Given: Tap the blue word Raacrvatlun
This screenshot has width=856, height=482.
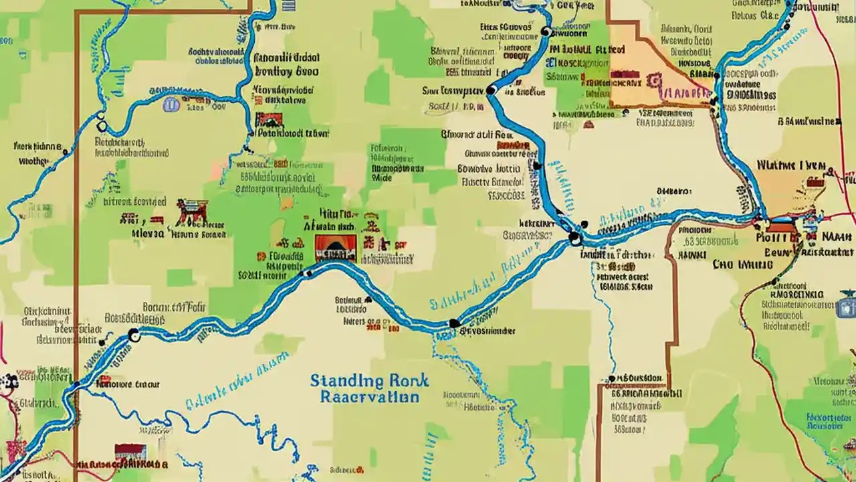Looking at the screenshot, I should (x=369, y=397).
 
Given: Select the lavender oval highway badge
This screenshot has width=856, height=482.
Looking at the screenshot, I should (x=171, y=104).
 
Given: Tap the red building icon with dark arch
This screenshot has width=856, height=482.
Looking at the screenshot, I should (x=335, y=248).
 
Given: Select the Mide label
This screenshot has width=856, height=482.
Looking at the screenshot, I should (x=381, y=179).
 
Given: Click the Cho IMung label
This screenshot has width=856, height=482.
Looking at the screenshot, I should (x=742, y=264).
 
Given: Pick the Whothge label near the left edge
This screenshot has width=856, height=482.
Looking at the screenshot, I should (x=33, y=161).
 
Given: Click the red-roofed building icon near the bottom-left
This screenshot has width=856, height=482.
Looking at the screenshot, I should (x=130, y=453).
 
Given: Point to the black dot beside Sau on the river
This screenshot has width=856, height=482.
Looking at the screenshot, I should (x=491, y=90).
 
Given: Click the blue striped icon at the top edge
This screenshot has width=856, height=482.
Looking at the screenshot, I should (x=289, y=5).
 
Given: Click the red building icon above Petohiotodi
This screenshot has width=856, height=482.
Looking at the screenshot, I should (x=269, y=120).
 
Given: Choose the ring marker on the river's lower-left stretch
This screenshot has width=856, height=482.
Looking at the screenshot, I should (x=133, y=336).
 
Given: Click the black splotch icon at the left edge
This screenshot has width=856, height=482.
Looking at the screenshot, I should (x=9, y=382).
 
